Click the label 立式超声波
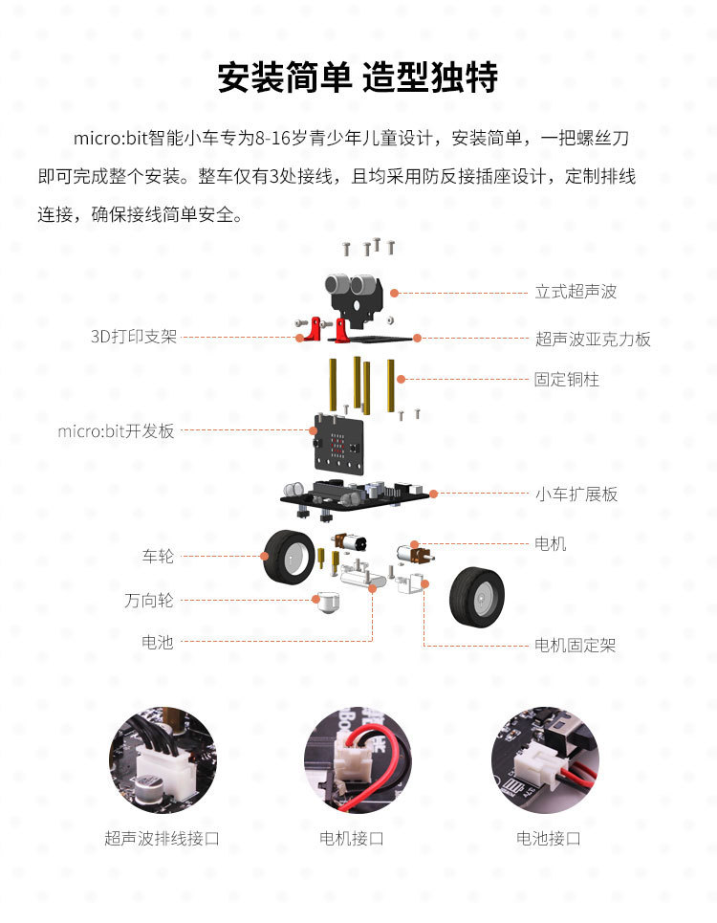[x=576, y=292]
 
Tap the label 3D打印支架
[x=134, y=337]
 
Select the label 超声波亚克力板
[x=593, y=339]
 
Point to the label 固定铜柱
[x=566, y=380]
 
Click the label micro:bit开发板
[x=116, y=430]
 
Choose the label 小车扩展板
[x=576, y=494]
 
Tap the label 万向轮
[x=149, y=601]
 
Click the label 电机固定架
[x=575, y=646]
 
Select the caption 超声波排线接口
[x=162, y=838]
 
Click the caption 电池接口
[x=548, y=838]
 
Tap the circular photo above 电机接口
[x=358, y=760]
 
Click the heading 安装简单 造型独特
[x=358, y=77]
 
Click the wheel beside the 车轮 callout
[x=288, y=557]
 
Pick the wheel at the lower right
[x=477, y=597]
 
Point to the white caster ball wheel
[x=327, y=603]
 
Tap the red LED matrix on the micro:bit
[x=337, y=446]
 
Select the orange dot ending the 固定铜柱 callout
[x=402, y=380]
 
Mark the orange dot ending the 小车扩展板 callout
[x=433, y=494]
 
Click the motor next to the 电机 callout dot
[x=414, y=555]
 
